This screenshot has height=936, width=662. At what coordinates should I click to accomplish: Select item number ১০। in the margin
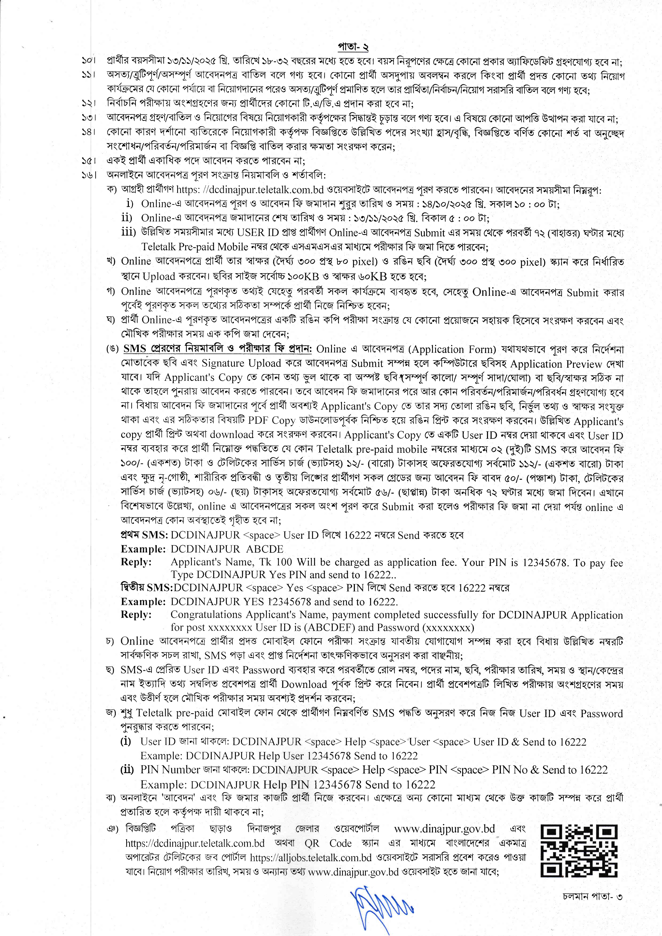coord(88,61)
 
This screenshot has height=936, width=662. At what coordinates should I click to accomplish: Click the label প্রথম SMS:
coord(144,535)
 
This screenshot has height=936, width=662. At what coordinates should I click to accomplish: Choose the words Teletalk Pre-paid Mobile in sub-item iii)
coord(195,247)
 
